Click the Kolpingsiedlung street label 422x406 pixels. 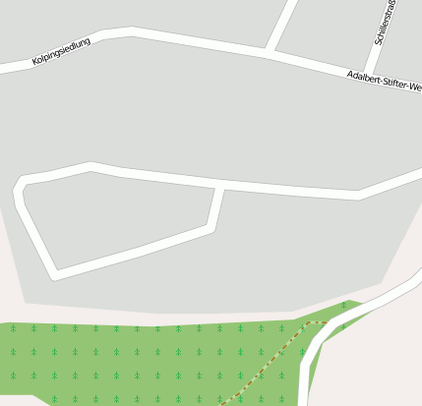(61, 52)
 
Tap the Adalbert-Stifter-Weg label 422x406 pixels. (384, 82)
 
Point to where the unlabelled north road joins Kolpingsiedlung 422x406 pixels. (268, 50)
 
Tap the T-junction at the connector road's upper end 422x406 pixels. (221, 185)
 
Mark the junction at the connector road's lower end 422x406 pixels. (211, 230)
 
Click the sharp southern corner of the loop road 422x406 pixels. (56, 274)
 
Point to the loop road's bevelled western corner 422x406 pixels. (19, 184)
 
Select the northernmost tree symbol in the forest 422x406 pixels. (343, 307)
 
